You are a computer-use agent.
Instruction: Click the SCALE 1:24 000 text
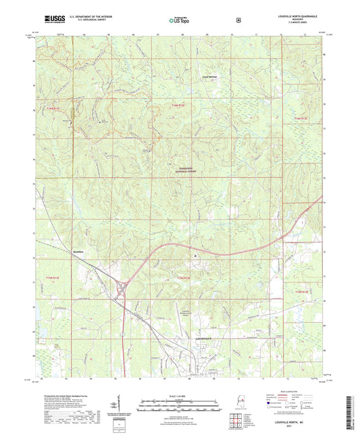point(179,395)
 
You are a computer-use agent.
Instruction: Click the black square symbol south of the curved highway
point(195,257)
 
